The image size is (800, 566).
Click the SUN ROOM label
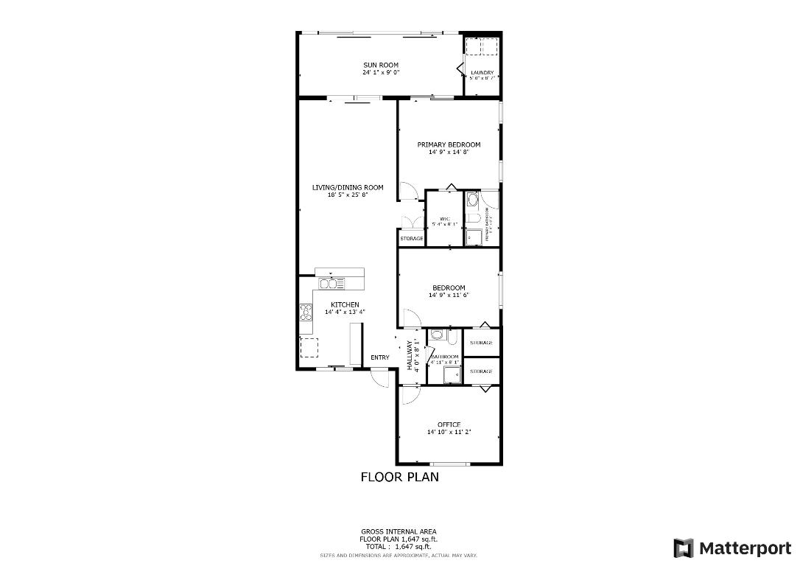coord(380,65)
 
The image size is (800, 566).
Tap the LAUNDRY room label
coord(482,72)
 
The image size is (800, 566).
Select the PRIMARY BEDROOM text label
coord(449,144)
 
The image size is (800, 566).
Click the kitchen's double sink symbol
coord(331,284)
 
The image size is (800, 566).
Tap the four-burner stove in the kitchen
coord(305,312)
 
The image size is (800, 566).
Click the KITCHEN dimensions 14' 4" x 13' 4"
coord(345,312)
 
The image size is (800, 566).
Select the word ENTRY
coord(380,358)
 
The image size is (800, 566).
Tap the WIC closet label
coord(444,219)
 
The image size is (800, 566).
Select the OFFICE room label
coord(449,424)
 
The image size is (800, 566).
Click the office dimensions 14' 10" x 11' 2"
coord(449,433)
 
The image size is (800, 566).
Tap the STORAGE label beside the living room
coord(412,239)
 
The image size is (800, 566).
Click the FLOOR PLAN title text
coord(399,477)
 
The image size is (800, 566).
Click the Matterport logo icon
coord(684,548)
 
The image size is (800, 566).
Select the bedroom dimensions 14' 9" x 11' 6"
coord(449,295)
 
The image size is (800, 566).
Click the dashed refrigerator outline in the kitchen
coord(309,347)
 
